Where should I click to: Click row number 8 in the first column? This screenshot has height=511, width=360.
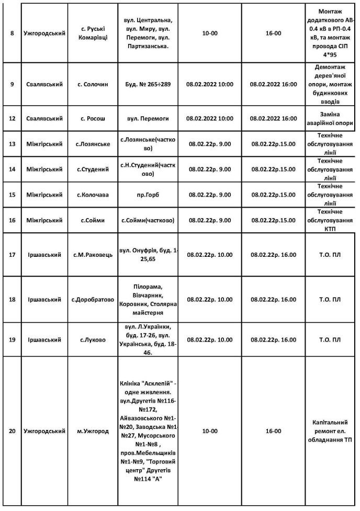click(x=12, y=33)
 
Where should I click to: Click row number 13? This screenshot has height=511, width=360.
click(x=12, y=144)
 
